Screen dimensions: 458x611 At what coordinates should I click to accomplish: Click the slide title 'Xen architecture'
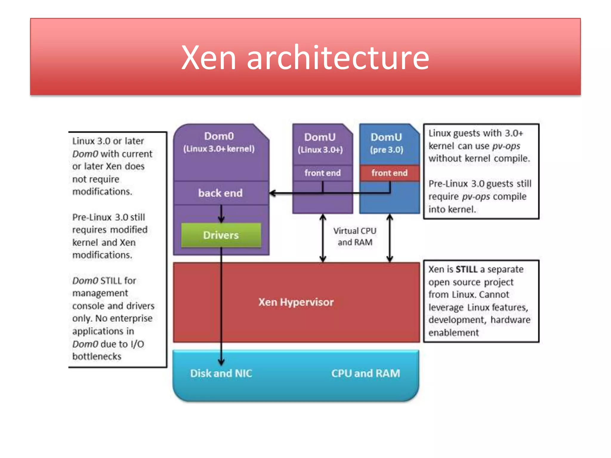coord(305,57)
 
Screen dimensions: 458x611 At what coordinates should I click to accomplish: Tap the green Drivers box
coord(221,235)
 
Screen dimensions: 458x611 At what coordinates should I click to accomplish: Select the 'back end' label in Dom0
coord(220,193)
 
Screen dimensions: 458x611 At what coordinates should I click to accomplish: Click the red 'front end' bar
coord(389,173)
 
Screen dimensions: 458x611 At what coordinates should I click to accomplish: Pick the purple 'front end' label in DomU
coord(323,173)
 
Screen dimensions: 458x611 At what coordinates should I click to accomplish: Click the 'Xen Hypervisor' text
coord(296,302)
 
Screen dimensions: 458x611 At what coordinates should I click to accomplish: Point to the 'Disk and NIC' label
coord(221,373)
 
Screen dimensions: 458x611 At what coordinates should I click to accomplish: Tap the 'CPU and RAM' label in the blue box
coord(365,373)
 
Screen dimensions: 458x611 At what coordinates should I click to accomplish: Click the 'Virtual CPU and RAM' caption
coord(355,236)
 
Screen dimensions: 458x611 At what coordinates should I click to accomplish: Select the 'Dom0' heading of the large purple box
coord(219,136)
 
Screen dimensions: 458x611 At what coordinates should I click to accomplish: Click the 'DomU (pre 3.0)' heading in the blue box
coord(386,143)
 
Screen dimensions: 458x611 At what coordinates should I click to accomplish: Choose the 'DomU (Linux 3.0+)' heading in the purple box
coord(320,143)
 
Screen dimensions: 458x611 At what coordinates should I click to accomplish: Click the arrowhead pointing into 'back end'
coord(272,193)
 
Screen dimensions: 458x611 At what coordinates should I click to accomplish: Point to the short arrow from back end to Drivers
coord(221,214)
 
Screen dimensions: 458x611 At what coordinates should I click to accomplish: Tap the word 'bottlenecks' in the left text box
coord(97,356)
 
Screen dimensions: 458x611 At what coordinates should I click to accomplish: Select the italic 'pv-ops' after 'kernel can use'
coord(506,146)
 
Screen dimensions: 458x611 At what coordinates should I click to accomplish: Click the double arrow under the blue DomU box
coord(390,238)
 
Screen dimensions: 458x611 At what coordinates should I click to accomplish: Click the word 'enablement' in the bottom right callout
coord(453,332)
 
